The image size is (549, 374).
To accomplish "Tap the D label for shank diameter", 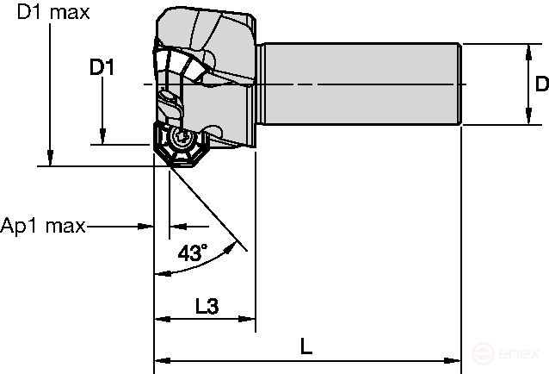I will point(540,84).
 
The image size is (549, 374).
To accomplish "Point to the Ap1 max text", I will point(43,227).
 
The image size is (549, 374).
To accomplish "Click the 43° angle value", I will point(192,252).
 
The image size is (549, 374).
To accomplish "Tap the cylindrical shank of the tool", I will point(361,84).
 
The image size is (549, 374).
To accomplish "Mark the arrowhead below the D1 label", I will point(102,138).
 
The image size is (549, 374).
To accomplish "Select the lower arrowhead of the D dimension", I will point(526,120).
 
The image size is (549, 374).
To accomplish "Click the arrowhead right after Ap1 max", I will point(147,227).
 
